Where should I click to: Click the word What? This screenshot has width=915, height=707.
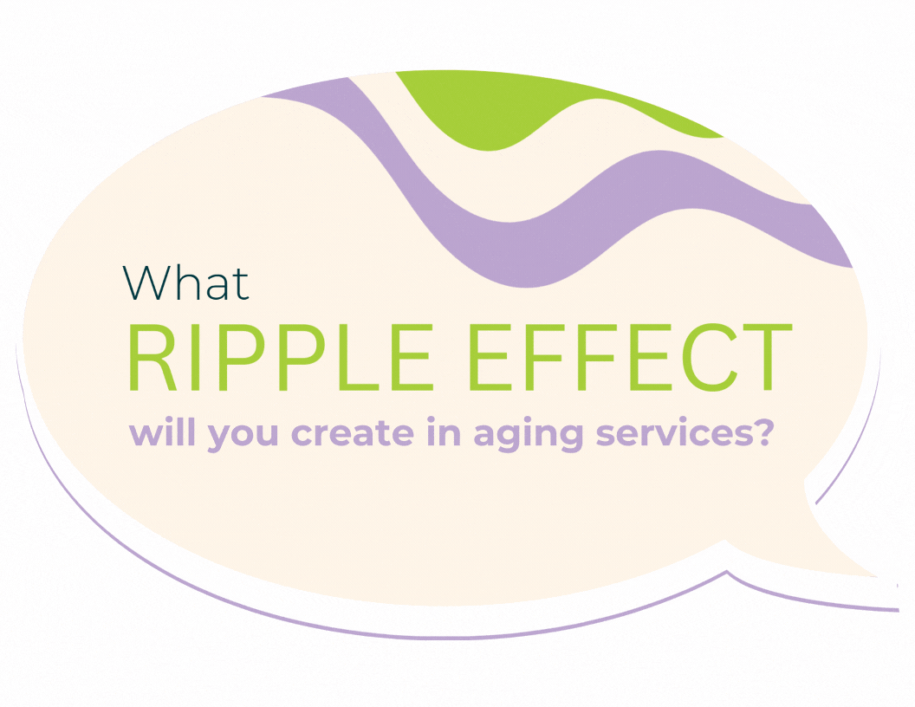pyautogui.click(x=185, y=283)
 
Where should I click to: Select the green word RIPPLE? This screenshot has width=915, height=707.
pyautogui.click(x=281, y=357)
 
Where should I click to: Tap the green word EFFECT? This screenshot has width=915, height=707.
pyautogui.click(x=630, y=357)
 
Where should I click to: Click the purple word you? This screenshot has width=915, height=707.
pyautogui.click(x=243, y=437)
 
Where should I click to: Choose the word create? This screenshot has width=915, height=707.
pyautogui.click(x=353, y=433)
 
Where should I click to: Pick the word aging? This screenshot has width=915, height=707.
pyautogui.click(x=528, y=435)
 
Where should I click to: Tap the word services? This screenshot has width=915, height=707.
pyautogui.click(x=674, y=433)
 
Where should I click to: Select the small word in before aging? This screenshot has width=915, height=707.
pyautogui.click(x=444, y=432)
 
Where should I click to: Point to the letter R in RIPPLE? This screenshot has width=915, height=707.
pyautogui.click(x=152, y=357)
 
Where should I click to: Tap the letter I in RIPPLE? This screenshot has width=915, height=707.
pyautogui.click(x=194, y=357)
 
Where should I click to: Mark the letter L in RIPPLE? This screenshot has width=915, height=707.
pyautogui.click(x=355, y=357)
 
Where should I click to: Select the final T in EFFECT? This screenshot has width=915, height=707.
pyautogui.click(x=767, y=357)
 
